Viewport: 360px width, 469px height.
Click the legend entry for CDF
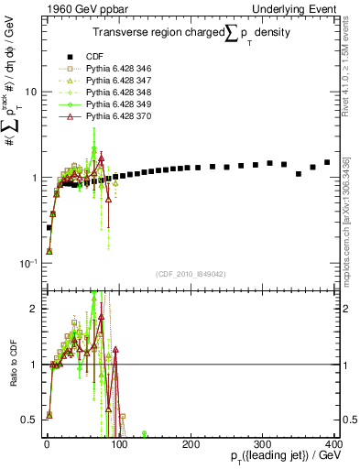pyautogui.click(x=93, y=54)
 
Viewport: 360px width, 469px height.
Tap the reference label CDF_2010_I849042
pyautogui.click(x=190, y=273)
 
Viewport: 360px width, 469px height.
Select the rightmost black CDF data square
pyautogui.click(x=327, y=162)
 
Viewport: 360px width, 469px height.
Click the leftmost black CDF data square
pyautogui.click(x=49, y=227)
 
